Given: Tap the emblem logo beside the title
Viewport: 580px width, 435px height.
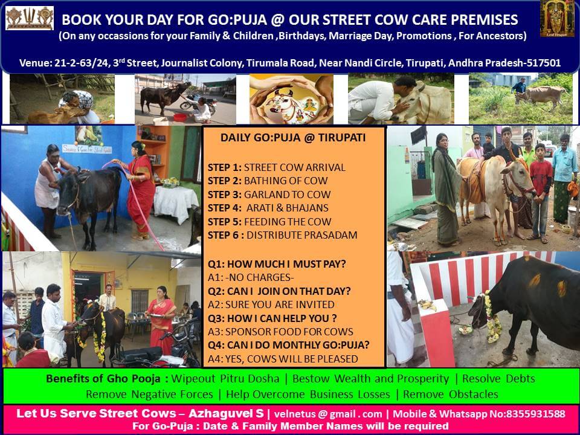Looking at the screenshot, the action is [x=29, y=18].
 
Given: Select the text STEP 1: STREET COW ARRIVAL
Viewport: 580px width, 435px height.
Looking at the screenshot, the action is [x=276, y=167].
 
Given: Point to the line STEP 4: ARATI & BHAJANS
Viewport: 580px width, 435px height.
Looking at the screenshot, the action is [x=268, y=208].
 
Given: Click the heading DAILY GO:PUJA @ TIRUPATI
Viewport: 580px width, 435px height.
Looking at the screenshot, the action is [x=293, y=138].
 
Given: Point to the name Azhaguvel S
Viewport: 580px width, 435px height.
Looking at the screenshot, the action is [x=227, y=413].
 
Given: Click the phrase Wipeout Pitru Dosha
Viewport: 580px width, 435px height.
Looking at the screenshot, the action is [x=225, y=379].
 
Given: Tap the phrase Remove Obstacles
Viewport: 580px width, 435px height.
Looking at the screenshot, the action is [x=451, y=395].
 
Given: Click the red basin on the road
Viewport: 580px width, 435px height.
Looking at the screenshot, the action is [x=180, y=117].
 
